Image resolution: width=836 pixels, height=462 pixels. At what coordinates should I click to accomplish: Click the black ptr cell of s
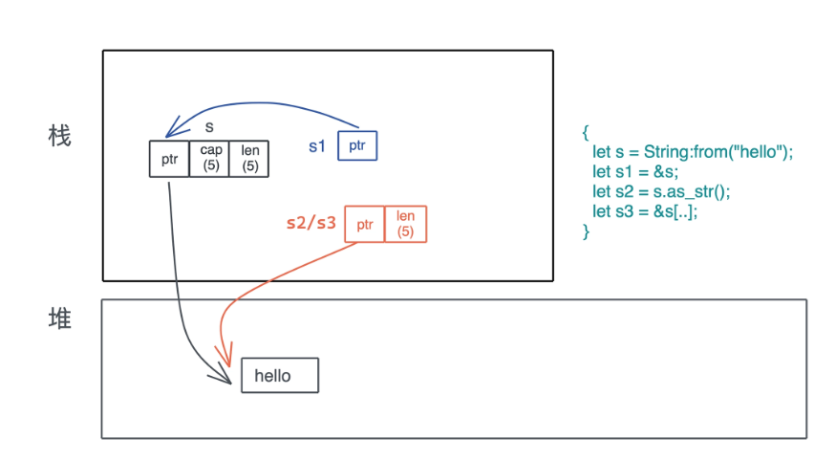pos(169,159)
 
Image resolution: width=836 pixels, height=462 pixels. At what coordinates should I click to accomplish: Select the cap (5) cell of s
pos(209,159)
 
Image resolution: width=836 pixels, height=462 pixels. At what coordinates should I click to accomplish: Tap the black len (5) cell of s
pos(249,159)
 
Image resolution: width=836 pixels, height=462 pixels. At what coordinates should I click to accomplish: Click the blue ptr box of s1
pos(357,145)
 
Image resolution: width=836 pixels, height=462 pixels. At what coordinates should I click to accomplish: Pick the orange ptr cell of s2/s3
pos(364,225)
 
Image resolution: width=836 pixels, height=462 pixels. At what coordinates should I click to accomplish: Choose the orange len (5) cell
pos(405,225)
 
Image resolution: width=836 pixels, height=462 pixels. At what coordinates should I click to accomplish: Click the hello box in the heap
pos(279,376)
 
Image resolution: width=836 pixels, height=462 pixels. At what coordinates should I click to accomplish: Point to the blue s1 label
pos(317,146)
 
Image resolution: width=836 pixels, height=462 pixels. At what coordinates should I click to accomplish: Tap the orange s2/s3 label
pos(311,224)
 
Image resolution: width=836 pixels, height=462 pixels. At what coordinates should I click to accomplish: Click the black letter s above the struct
pos(209,126)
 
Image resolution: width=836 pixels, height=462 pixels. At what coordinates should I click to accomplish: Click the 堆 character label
pos(59,319)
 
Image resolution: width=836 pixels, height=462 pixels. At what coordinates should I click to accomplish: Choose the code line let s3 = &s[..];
pos(645,211)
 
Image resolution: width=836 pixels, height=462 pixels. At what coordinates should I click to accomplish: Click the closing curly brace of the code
pos(586,231)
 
